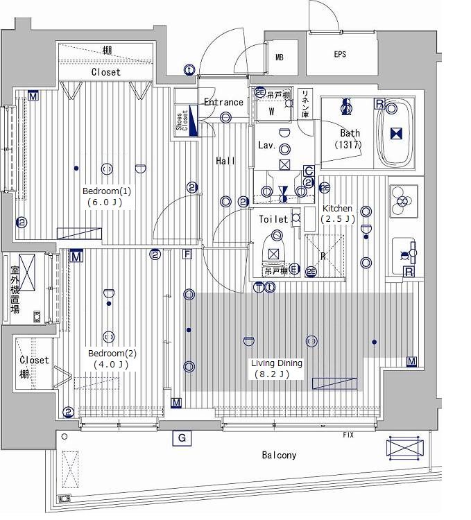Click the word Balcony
click(x=279, y=455)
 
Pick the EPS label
click(x=340, y=54)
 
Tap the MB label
click(x=280, y=58)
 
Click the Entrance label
click(x=223, y=102)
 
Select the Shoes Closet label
click(x=182, y=120)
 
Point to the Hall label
click(x=225, y=161)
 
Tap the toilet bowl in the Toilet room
click(x=274, y=250)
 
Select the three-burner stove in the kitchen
click(x=404, y=201)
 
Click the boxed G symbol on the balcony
click(x=182, y=438)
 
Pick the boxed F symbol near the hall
click(x=187, y=254)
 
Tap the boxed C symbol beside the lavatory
click(x=309, y=171)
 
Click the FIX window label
click(x=348, y=435)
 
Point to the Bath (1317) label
click(x=349, y=139)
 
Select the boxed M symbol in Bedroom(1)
click(x=33, y=96)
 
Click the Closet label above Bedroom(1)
click(x=106, y=72)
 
